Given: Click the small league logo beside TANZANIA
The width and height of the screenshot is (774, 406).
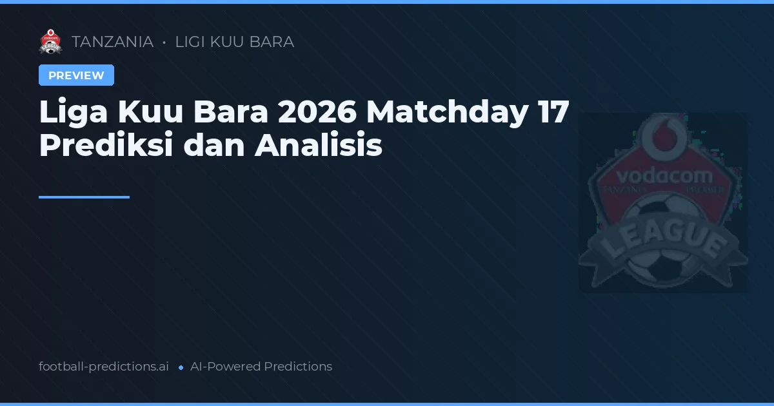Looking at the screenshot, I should point(50,42).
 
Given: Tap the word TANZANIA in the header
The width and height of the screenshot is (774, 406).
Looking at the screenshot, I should point(112,42).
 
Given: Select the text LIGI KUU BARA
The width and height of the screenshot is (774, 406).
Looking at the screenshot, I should point(235,42).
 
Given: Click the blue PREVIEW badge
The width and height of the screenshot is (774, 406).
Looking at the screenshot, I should point(76,75).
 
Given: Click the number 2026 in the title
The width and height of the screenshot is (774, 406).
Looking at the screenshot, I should point(317,113).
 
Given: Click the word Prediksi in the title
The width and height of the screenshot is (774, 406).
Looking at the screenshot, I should point(106,146).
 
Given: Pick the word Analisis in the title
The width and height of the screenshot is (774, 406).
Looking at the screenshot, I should point(319,146).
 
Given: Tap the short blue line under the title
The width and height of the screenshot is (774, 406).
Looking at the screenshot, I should point(84,197).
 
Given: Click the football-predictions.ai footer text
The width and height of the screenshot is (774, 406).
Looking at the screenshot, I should point(104,367).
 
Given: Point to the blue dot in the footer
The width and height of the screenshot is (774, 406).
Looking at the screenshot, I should point(181,367).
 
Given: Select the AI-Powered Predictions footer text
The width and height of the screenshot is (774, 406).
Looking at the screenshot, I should point(261,367).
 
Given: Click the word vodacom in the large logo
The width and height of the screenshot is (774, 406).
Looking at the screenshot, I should point(664,176).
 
